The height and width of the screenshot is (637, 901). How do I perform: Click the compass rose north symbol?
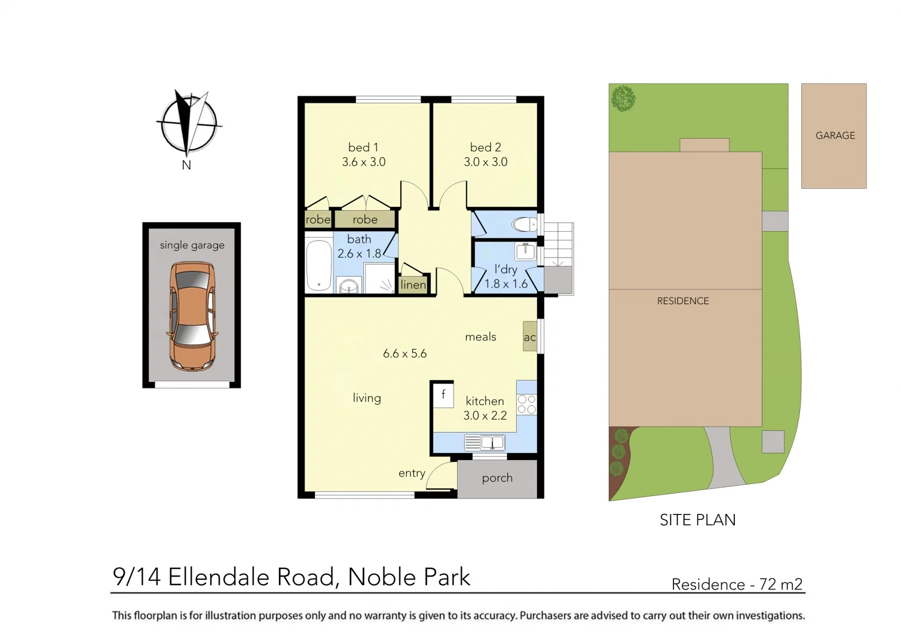coord(189,124)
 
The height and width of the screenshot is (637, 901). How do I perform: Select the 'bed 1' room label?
coord(363,147)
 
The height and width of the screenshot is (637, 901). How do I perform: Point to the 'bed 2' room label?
coord(485,147)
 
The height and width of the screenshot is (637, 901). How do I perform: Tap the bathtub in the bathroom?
coord(318,265)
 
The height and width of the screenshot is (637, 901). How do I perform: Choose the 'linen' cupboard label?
coord(413,284)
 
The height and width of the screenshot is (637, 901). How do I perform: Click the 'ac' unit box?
coord(529,337)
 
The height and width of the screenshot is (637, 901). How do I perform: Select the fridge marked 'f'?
coord(443,394)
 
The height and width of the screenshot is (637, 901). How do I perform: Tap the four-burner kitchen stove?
coord(526,404)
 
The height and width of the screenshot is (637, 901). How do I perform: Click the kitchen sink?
coord(492,443)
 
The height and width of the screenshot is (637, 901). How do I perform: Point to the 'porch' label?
coord(497,478)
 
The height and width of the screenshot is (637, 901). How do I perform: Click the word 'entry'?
coord(412,473)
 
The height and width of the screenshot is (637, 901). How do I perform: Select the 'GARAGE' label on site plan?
coord(835,136)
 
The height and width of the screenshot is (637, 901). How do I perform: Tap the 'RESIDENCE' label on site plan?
coord(683,301)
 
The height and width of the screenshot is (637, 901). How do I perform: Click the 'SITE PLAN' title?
coord(697,520)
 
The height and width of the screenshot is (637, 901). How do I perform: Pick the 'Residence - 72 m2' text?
coord(737,584)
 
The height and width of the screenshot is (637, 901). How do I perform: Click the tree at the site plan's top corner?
coord(623,98)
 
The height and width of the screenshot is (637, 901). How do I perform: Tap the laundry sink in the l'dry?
coord(525,251)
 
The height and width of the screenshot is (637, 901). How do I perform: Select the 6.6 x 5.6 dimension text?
coord(404,354)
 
